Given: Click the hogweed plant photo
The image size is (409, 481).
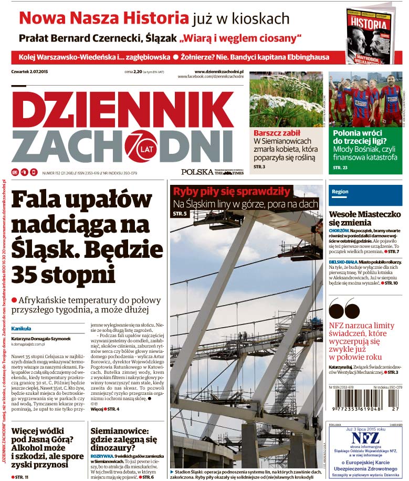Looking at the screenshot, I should [x=286, y=99].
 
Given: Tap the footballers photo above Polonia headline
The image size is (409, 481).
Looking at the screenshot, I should [x=365, y=99].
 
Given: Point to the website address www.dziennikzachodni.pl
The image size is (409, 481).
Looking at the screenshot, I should [x=222, y=71].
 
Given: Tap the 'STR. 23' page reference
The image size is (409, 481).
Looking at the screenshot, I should [x=340, y=168].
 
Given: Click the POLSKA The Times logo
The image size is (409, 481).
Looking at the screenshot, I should [x=212, y=172].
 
